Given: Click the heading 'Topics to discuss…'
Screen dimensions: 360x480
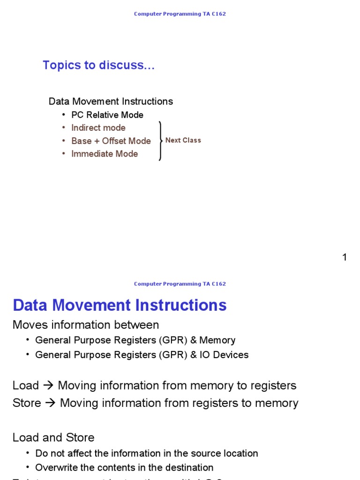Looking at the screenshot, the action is click(x=98, y=65).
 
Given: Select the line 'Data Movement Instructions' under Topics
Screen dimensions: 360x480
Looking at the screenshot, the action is click(x=111, y=101).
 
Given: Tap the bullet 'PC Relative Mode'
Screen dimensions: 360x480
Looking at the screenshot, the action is click(x=107, y=115).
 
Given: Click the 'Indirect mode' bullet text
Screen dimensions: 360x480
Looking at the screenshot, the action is click(x=98, y=127).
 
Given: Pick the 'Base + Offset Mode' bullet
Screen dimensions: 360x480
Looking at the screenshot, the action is click(x=111, y=141).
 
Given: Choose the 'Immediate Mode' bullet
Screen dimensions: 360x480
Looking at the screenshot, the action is click(x=105, y=154).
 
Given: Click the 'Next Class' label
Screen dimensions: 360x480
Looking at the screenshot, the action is click(x=183, y=140).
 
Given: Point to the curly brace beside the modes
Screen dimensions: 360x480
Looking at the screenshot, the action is click(x=161, y=140).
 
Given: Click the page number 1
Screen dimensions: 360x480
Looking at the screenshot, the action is click(x=345, y=257).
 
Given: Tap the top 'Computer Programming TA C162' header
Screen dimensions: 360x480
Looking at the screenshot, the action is click(x=180, y=14).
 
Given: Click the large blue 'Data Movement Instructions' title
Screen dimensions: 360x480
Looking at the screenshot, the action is click(x=120, y=305).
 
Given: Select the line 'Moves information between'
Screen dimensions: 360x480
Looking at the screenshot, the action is click(x=86, y=325).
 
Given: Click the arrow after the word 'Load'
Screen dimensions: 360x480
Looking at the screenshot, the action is click(x=48, y=386).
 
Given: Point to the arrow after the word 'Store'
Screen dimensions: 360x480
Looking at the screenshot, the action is click(x=50, y=403).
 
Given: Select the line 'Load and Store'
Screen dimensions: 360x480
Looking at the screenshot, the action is click(x=53, y=437).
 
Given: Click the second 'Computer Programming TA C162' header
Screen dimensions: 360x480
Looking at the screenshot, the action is click(x=180, y=284).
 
